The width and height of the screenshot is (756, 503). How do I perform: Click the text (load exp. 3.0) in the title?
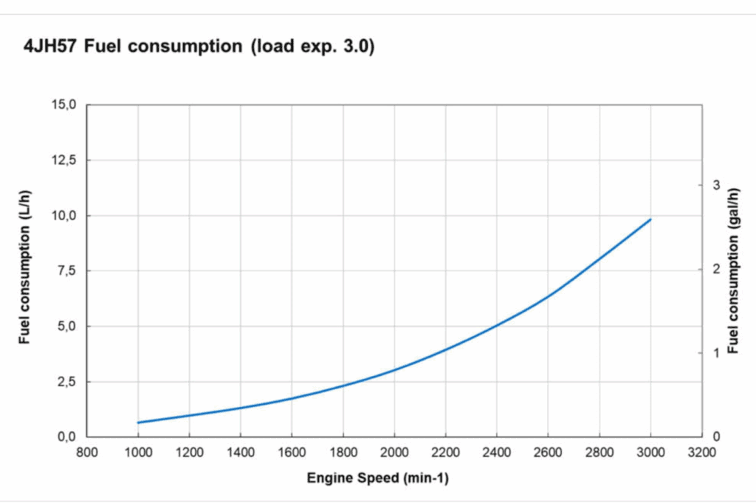[x=314, y=47]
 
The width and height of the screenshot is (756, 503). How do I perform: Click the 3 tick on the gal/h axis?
[x=715, y=185]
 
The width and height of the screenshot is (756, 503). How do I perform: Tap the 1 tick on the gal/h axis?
[x=715, y=352]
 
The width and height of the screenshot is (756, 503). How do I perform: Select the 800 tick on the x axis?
[x=87, y=453]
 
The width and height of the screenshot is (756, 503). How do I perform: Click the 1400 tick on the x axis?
[x=241, y=453]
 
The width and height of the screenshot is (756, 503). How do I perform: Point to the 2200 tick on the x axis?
[x=445, y=453]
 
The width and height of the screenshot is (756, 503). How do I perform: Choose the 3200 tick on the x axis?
[x=701, y=453]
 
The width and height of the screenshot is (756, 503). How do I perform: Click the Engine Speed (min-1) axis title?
[x=377, y=478]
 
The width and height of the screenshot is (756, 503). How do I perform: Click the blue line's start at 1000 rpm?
[x=138, y=422]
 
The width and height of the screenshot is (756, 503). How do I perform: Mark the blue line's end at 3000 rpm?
[x=650, y=219]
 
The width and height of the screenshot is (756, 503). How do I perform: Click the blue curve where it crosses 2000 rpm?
[x=394, y=369]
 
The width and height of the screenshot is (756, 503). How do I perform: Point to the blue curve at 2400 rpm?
[x=497, y=324]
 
